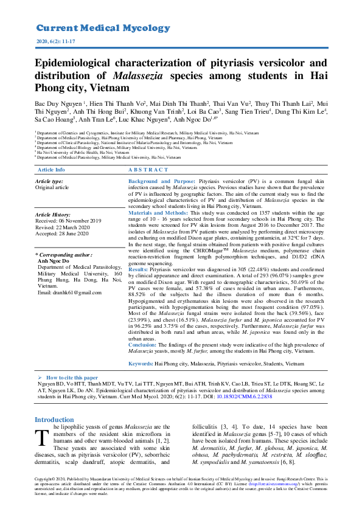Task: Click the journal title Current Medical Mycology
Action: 103,28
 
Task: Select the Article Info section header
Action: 51,170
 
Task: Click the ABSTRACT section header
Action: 148,170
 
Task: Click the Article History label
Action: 53,215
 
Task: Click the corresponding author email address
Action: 69,293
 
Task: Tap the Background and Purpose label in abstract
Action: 161,182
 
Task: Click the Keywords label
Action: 141,363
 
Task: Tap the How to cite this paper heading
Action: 72,378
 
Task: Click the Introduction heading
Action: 54,420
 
